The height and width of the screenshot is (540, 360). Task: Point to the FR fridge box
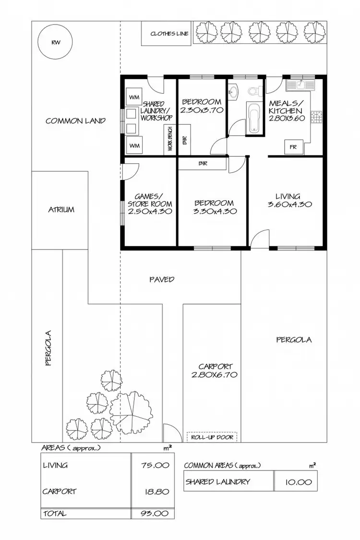(x=293, y=147)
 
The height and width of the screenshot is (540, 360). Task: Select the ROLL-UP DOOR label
(x=212, y=437)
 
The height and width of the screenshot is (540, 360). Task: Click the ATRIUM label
(x=60, y=210)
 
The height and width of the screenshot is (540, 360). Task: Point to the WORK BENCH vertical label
(x=170, y=140)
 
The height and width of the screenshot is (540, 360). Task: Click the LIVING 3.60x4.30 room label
(x=288, y=200)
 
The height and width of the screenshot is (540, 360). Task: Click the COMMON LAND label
(x=75, y=121)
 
